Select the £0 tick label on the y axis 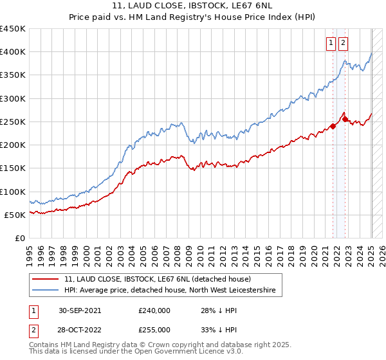19,238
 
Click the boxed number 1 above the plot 331,43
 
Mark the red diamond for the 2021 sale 333,126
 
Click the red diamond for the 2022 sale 345,120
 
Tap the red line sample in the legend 46,279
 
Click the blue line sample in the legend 46,291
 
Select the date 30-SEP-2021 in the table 79,310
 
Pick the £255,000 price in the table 154,329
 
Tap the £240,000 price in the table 154,310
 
